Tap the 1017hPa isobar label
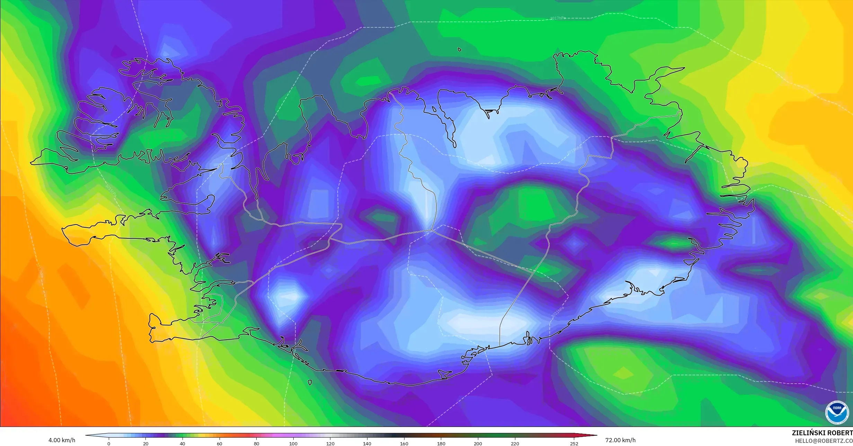(x=558, y=18)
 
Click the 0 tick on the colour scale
(x=109, y=444)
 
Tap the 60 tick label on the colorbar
(x=220, y=444)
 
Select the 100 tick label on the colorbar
(x=293, y=444)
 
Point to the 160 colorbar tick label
(x=404, y=444)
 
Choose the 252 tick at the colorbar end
(x=574, y=444)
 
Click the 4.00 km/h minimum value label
(x=62, y=440)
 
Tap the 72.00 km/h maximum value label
(x=620, y=440)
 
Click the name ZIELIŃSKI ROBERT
(x=822, y=433)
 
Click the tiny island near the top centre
(x=460, y=50)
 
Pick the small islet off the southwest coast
(x=310, y=383)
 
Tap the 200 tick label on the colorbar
(x=478, y=444)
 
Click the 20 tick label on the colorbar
(x=146, y=444)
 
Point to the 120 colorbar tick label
(x=330, y=444)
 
